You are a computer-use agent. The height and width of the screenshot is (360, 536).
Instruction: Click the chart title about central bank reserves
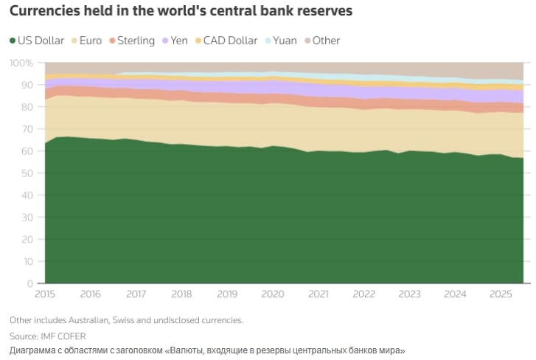181,12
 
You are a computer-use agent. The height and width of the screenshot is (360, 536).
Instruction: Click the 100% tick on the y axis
21,63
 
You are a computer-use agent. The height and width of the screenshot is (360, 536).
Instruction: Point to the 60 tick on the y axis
27,151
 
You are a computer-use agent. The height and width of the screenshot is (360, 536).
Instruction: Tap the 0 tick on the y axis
29,284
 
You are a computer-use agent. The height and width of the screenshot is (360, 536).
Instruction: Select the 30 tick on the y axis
27,218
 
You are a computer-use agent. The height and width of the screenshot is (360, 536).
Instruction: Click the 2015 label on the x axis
45,294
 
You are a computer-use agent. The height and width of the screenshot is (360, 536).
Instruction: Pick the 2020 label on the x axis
273,294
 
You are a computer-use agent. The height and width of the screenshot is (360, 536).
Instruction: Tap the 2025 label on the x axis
501,294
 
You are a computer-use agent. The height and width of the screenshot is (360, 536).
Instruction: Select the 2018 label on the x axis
181,294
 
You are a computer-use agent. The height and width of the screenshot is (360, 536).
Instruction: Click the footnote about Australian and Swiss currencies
126,320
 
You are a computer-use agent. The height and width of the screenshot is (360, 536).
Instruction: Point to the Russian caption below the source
207,350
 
